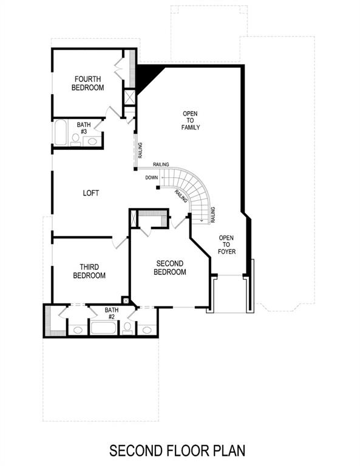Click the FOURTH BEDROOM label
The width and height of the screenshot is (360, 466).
pyautogui.click(x=89, y=83)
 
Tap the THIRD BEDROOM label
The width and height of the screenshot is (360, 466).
pyautogui.click(x=89, y=271)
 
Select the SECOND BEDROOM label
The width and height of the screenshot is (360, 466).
pyautogui.click(x=171, y=268)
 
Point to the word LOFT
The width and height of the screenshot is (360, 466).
pyautogui.click(x=91, y=193)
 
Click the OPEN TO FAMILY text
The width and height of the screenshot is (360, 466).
pyautogui.click(x=191, y=120)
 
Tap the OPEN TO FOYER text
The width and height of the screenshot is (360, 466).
pyautogui.click(x=226, y=245)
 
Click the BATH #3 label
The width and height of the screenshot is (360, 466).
pyautogui.click(x=83, y=128)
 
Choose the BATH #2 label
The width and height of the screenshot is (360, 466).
pyautogui.click(x=112, y=312)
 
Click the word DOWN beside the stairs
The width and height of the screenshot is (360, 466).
pyautogui.click(x=152, y=178)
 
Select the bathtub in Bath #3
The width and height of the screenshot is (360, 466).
pyautogui.click(x=61, y=133)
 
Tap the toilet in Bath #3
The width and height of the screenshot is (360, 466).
pyautogui.click(x=76, y=140)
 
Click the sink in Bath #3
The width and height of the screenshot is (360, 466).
pyautogui.click(x=92, y=141)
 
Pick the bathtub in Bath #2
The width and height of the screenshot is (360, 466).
pyautogui.click(x=105, y=328)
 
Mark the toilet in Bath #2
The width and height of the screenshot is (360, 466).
pyautogui.click(x=127, y=328)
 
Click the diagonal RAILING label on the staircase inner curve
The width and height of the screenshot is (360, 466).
pyautogui.click(x=180, y=195)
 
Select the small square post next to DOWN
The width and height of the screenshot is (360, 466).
pyautogui.click(x=157, y=187)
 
